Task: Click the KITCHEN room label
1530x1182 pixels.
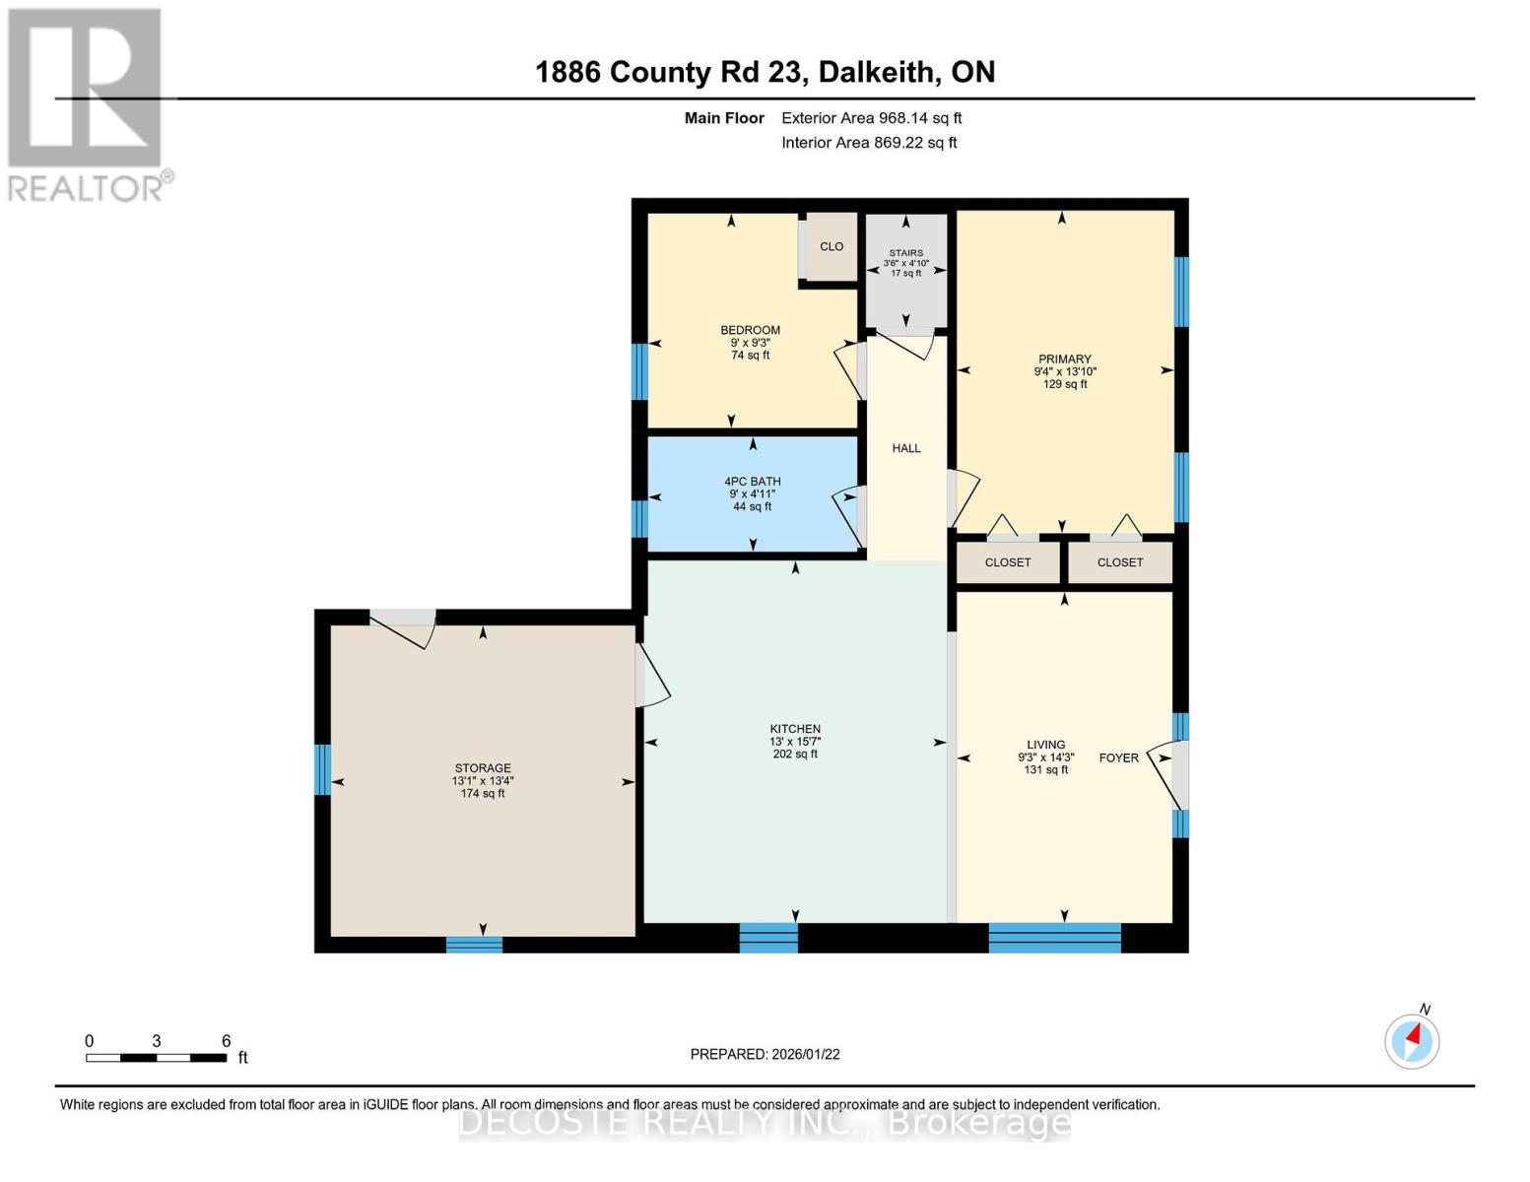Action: [795, 729]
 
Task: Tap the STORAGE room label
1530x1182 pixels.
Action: [483, 768]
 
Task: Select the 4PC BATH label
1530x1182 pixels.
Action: [752, 482]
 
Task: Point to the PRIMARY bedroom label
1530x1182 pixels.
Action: [1064, 360]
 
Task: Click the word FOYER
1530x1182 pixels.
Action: [1118, 757]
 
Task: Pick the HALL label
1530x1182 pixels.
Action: [906, 448]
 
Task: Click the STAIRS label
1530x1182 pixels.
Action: [906, 253]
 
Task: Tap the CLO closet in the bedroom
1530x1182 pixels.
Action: [832, 246]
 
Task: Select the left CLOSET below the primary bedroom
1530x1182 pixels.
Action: [1008, 562]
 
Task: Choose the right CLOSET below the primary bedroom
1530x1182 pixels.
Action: [1120, 562]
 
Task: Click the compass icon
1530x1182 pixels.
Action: [1412, 1040]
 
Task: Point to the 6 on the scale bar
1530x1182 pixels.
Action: [226, 1041]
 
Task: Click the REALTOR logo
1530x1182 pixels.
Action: [87, 103]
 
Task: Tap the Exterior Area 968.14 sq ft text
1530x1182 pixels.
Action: [871, 118]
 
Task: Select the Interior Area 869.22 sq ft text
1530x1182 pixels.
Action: [869, 143]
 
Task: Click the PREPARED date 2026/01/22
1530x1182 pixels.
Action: [765, 1054]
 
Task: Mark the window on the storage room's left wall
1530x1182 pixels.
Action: [322, 769]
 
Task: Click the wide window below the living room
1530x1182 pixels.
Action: [1054, 938]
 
